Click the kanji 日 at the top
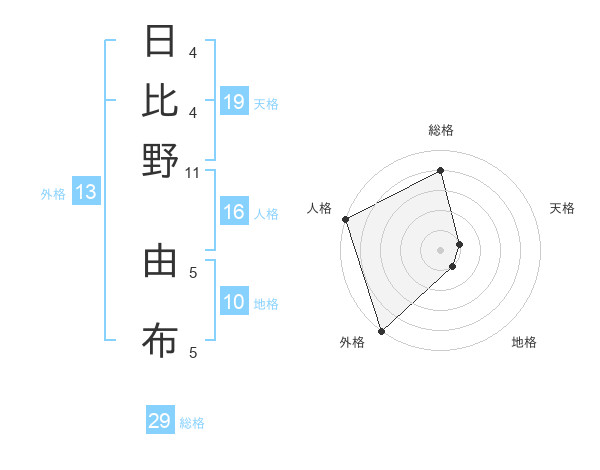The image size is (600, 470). pyautogui.click(x=160, y=42)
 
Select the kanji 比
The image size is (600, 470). pyautogui.click(x=160, y=100)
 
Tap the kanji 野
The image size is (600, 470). pyautogui.click(x=160, y=159)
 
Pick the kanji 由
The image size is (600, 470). pyautogui.click(x=160, y=261)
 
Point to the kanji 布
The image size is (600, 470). pyautogui.click(x=160, y=340)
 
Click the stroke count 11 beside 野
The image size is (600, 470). pyautogui.click(x=192, y=172)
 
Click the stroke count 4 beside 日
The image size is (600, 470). pyautogui.click(x=192, y=52)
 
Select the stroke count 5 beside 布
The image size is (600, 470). pyautogui.click(x=192, y=352)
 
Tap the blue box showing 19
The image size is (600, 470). pyautogui.click(x=234, y=102)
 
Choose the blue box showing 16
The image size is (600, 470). pyautogui.click(x=234, y=212)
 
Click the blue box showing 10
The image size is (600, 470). pyautogui.click(x=234, y=302)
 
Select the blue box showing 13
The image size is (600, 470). pyautogui.click(x=85, y=193)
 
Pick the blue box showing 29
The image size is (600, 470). pyautogui.click(x=160, y=421)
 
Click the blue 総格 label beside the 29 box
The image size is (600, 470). pyautogui.click(x=192, y=423)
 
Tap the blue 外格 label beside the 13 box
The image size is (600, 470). pyautogui.click(x=52, y=194)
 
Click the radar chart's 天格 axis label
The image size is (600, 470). pyautogui.click(x=562, y=208)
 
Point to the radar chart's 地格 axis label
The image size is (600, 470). pyautogui.click(x=524, y=342)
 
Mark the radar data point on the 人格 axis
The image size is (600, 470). pyautogui.click(x=345, y=219)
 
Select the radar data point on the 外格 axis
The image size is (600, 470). pyautogui.click(x=381, y=329)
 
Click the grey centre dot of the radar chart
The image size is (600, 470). pyautogui.click(x=440, y=249)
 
